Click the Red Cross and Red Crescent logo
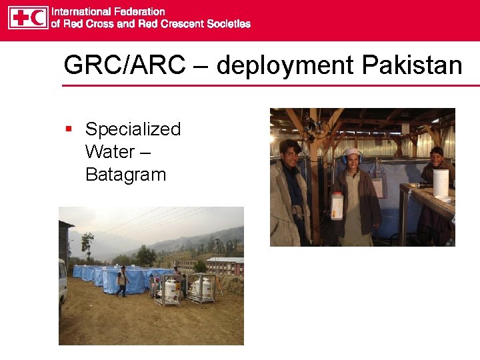tap(29, 17)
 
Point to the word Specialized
tap(133, 129)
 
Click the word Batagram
tap(125, 175)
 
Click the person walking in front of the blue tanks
tap(121, 281)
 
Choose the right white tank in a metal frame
tap(202, 287)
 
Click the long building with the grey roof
tap(225, 265)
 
